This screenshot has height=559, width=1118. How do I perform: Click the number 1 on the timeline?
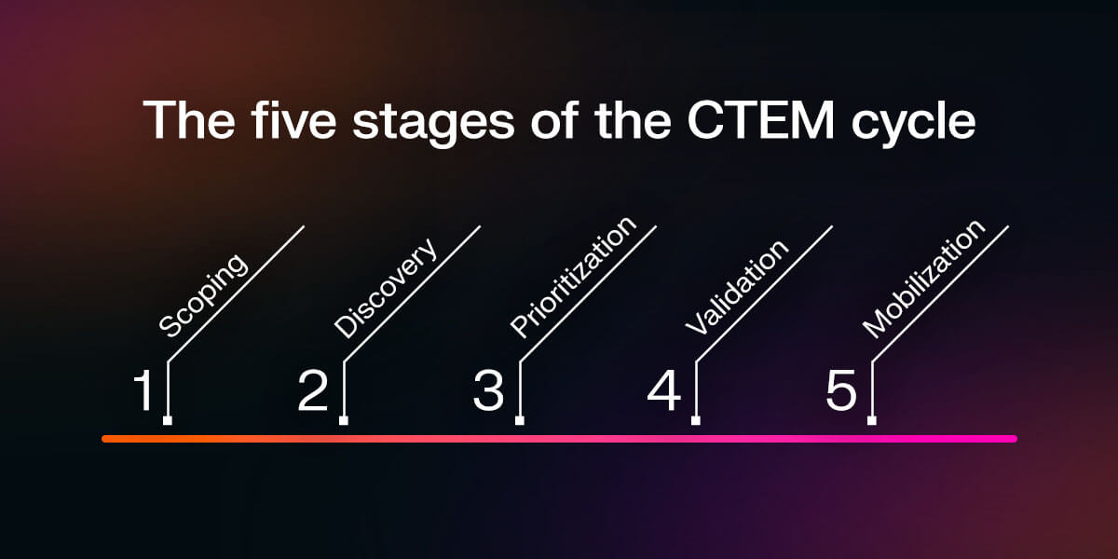tap(143, 391)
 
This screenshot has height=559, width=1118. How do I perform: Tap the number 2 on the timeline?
tap(314, 391)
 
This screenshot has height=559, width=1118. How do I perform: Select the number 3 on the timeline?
tap(488, 391)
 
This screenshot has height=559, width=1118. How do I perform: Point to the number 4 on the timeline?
tap(664, 391)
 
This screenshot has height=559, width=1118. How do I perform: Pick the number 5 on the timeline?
tap(840, 391)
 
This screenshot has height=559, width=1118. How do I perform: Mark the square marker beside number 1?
tap(168, 420)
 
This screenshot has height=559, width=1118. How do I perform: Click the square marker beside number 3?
tap(520, 420)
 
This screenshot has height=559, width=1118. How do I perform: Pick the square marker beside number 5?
tap(872, 420)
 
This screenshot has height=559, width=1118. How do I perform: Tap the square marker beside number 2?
tap(344, 420)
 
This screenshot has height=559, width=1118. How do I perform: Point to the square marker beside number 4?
tap(696, 420)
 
